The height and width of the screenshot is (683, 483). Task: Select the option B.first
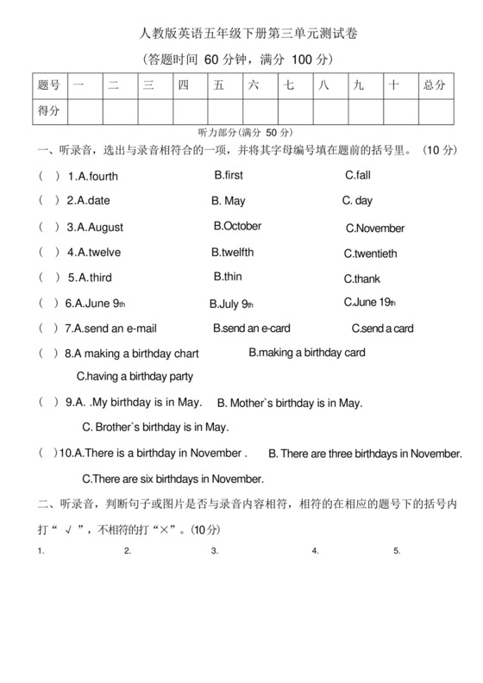pos(229,175)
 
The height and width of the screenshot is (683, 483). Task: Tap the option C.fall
pos(357,175)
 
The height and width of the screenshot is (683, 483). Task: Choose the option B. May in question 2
pos(229,201)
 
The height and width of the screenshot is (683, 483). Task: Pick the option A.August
pos(100,228)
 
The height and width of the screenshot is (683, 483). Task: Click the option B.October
pos(237,226)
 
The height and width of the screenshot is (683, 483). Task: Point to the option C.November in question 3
pos(375,229)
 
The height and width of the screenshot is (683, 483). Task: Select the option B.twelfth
pos(233,253)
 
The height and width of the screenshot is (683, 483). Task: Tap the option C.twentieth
pos(370,254)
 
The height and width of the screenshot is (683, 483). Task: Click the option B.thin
pos(228,277)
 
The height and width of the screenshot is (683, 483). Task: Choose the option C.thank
pos(361,279)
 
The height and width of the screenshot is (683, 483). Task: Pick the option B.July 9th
pos(231,304)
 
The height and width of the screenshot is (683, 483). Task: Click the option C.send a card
pos(382,329)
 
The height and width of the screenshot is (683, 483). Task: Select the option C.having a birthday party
pos(135,376)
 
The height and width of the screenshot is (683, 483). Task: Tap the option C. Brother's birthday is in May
pos(155,427)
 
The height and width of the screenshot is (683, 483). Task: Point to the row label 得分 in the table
pos(49,110)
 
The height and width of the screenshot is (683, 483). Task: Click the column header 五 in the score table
pos(219,85)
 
